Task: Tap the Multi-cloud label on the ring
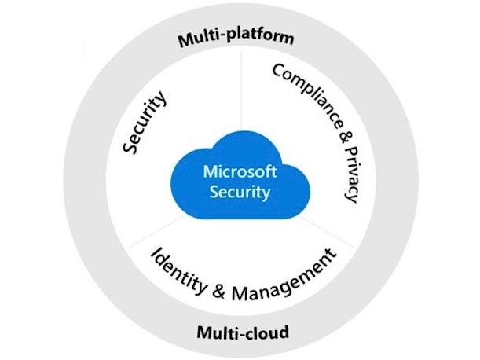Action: point(243,332)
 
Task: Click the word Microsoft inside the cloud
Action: point(236,171)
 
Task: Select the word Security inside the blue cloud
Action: point(236,190)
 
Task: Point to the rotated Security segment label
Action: point(146,122)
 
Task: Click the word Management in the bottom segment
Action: point(283,275)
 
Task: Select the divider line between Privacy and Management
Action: point(330,231)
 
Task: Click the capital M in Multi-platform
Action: point(183,39)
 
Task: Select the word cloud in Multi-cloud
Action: point(265,332)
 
